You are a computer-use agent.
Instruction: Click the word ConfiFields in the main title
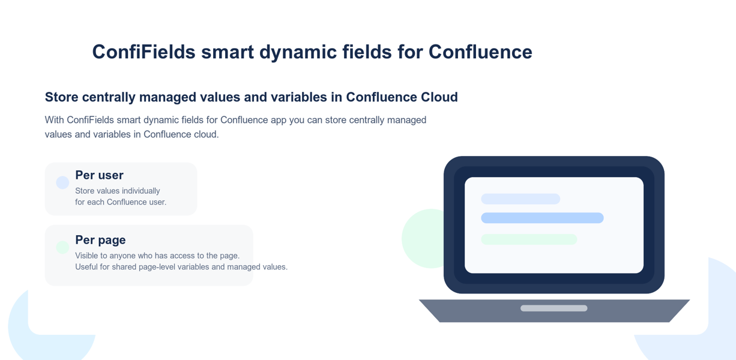(143, 52)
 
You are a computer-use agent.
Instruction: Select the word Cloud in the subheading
(439, 97)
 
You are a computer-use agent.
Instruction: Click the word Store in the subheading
(61, 97)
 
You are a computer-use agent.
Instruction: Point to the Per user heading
(99, 175)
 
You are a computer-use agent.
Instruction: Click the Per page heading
(100, 240)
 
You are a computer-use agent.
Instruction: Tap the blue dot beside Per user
(62, 182)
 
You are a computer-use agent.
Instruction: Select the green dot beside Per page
(62, 247)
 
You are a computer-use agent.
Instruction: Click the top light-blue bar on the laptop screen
(520, 199)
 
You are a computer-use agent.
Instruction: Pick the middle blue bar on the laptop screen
(542, 218)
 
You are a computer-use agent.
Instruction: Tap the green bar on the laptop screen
(529, 239)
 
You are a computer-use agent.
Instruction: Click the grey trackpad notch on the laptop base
(554, 308)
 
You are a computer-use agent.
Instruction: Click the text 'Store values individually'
(118, 191)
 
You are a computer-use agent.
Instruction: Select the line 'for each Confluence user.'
(121, 202)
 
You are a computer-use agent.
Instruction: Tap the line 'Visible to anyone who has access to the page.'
(157, 256)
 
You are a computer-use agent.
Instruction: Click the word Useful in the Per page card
(86, 267)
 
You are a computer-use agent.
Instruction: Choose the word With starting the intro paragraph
(55, 120)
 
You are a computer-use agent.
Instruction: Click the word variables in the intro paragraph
(112, 134)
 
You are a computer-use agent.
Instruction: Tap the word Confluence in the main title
(480, 52)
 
